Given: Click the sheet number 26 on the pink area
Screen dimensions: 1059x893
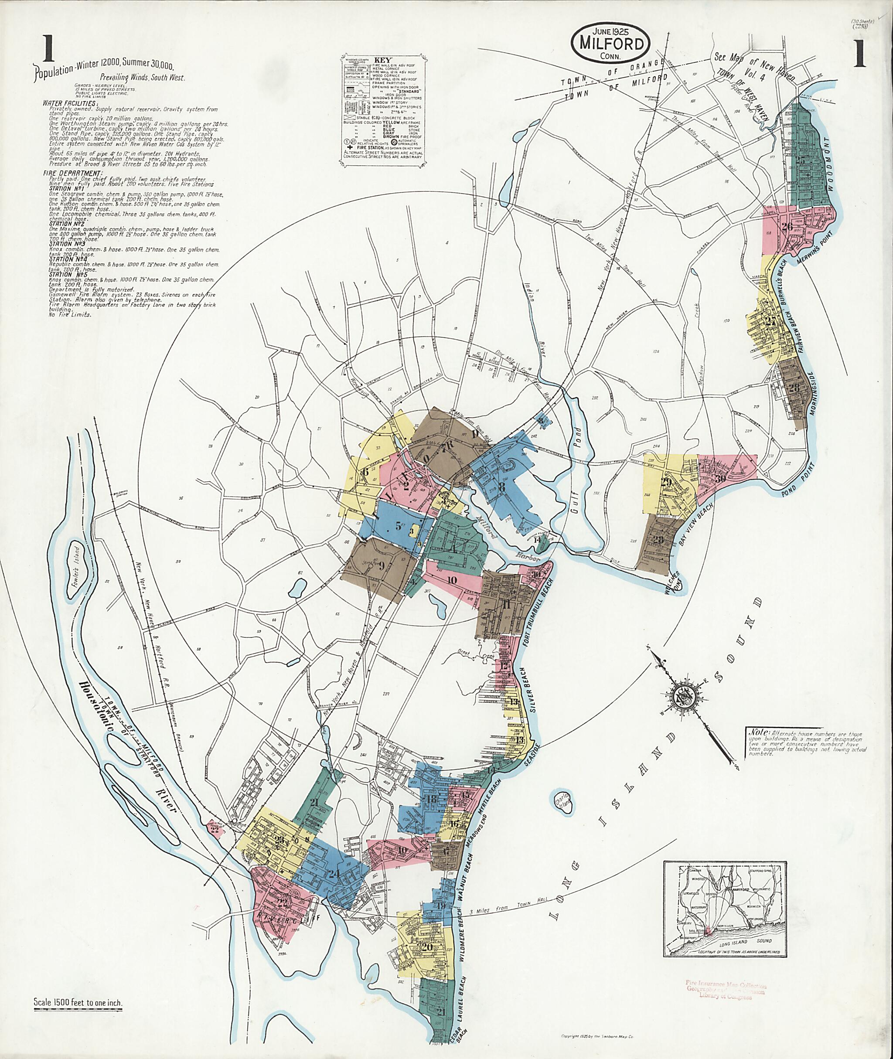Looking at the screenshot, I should click(x=787, y=227).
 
